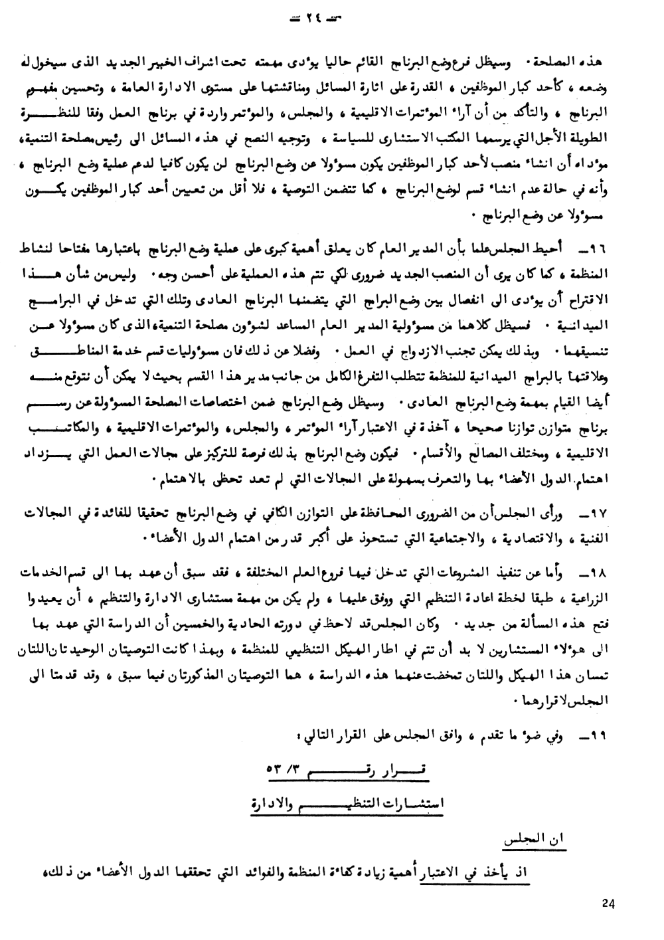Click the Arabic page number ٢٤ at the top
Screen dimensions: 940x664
click(x=331, y=20)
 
